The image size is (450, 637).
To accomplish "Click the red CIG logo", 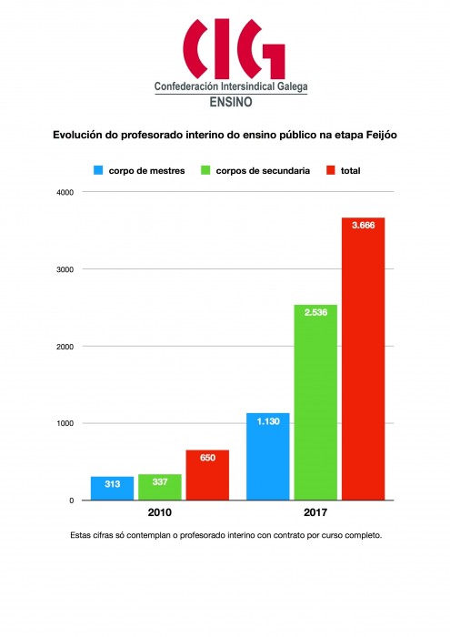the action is [x=234, y=48].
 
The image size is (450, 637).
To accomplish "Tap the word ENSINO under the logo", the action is [x=231, y=102].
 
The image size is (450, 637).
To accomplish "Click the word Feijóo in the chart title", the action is [x=382, y=135].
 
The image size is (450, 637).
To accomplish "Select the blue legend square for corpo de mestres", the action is [x=98, y=170].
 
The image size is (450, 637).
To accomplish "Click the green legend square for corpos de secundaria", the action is [x=205, y=170].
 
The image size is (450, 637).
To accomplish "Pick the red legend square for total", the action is [x=331, y=170].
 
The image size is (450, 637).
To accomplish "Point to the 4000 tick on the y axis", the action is [x=65, y=193].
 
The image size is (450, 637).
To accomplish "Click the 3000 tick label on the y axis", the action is [x=65, y=269].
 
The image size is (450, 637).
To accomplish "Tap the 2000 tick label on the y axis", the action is [x=65, y=347].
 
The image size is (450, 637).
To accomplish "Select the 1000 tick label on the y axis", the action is [x=65, y=423].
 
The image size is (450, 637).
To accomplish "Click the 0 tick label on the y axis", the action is [x=72, y=500].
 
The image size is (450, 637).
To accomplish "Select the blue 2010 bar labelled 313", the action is [x=112, y=488].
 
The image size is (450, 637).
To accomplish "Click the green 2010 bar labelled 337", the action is [x=160, y=487].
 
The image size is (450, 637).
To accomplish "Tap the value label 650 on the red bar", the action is [x=207, y=458].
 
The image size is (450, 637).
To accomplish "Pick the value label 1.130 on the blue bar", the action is [x=268, y=421].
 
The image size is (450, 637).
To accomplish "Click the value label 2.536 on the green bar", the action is [x=315, y=312].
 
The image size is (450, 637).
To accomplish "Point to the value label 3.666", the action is [x=363, y=226].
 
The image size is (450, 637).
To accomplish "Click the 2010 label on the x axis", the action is [x=159, y=512].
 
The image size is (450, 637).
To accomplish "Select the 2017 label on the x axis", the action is [x=315, y=512].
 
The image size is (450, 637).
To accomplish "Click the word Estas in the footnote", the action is [x=79, y=535].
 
